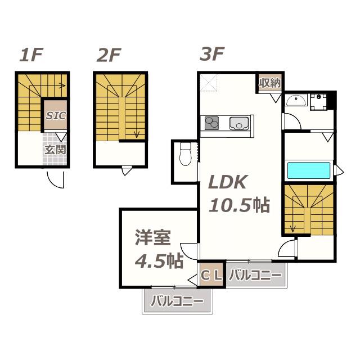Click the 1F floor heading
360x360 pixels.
31,55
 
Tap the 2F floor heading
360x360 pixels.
109,55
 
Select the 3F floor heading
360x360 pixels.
212,54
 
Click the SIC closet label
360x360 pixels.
56,115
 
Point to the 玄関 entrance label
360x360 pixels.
55,150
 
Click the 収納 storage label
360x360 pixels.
270,83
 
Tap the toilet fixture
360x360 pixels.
186,154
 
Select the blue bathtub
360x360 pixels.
309,170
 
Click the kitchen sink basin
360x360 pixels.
239,124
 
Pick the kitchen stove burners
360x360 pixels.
211,123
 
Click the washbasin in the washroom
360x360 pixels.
296,100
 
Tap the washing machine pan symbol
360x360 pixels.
319,102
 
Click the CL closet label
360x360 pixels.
211,275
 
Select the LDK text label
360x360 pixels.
228,182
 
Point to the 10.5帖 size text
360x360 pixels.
239,205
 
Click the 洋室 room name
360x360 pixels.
152,237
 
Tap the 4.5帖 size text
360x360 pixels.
159,261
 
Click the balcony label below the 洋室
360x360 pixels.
177,301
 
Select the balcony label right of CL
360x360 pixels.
255,275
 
